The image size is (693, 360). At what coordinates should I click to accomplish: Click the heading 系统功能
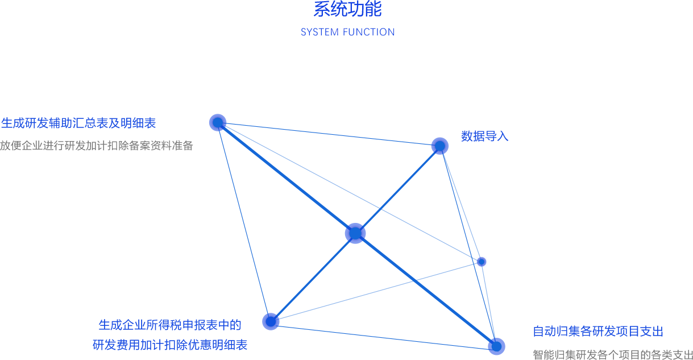coord(347,9)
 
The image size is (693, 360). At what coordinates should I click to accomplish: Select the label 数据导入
coord(484,136)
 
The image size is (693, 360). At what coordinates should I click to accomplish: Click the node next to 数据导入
coord(439,146)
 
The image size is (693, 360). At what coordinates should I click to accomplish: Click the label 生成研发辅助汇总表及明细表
coord(78,123)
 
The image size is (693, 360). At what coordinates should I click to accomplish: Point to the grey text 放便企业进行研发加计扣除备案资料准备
coord(97,146)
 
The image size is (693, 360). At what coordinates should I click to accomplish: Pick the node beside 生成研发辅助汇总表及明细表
coord(218,122)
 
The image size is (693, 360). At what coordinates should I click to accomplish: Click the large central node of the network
coord(355,233)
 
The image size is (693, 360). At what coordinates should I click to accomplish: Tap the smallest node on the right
coord(482,262)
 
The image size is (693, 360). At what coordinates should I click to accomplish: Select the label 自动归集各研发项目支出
coord(598,332)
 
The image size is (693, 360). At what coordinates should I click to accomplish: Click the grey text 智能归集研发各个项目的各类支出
coord(613,355)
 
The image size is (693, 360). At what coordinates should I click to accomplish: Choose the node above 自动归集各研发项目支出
coord(496,346)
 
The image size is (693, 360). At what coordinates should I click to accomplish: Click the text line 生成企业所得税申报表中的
coord(170,325)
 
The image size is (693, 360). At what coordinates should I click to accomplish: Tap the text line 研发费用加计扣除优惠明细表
coord(170,345)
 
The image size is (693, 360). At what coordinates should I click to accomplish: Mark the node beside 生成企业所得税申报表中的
coord(271,321)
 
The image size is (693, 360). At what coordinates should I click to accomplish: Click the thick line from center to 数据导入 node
coord(398,189)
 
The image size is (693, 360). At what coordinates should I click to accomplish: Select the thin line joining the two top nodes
coord(329,134)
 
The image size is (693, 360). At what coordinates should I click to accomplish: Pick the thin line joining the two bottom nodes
coord(384,334)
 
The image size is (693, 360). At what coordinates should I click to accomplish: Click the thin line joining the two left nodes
coord(244,222)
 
